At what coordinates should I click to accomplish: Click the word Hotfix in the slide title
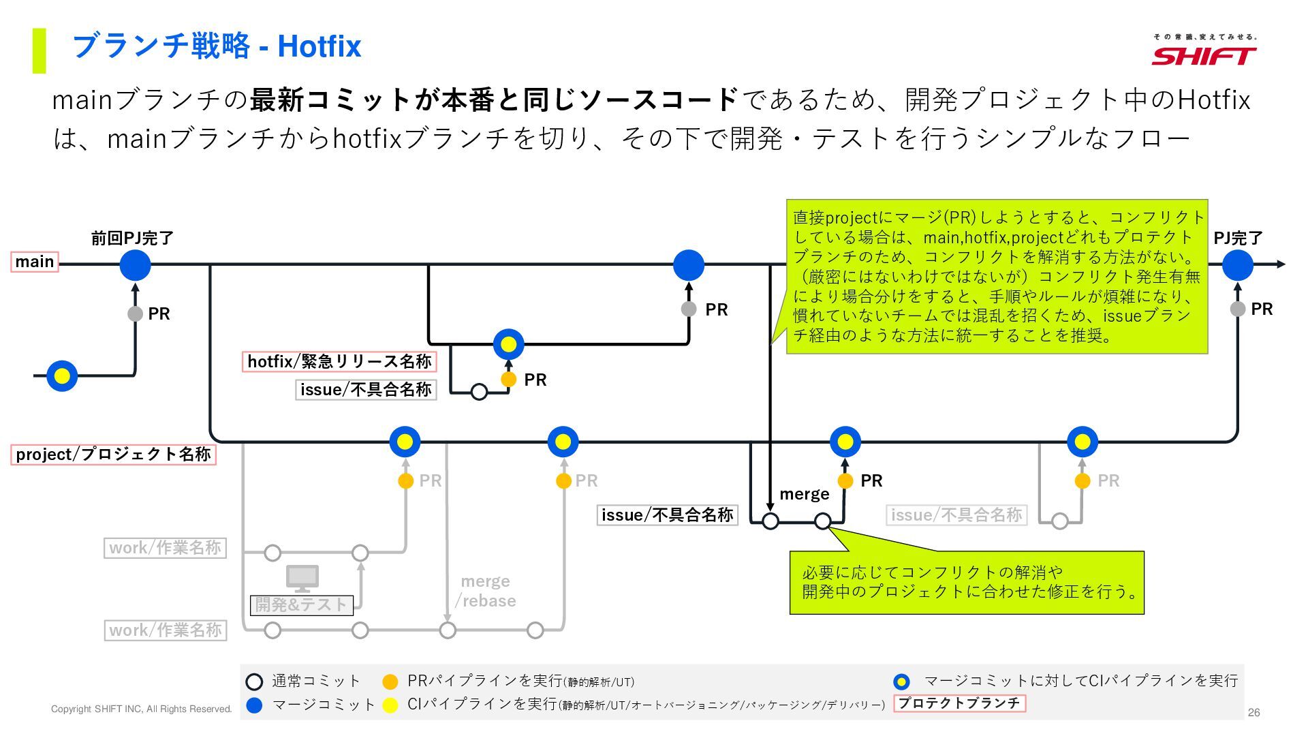point(319,46)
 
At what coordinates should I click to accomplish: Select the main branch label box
point(35,262)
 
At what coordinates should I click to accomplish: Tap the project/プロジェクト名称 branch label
point(113,455)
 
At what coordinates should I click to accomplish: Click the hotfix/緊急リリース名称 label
point(339,361)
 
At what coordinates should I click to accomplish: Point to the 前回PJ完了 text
point(133,238)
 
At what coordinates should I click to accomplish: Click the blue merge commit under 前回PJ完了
point(135,265)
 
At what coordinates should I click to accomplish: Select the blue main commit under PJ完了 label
point(1237,265)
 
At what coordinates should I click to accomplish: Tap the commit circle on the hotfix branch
point(508,345)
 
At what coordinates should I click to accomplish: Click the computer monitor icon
point(302,579)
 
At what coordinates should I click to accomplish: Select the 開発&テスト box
point(301,604)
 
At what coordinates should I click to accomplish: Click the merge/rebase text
point(486,591)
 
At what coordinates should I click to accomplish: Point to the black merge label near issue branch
point(804,494)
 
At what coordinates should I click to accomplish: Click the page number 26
point(1253,712)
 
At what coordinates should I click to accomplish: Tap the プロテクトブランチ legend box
point(959,703)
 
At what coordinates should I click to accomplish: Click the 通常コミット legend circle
point(254,681)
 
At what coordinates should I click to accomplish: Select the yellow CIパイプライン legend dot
point(390,705)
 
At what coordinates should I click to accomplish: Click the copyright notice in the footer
point(141,709)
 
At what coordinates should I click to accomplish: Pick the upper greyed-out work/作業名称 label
point(165,548)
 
